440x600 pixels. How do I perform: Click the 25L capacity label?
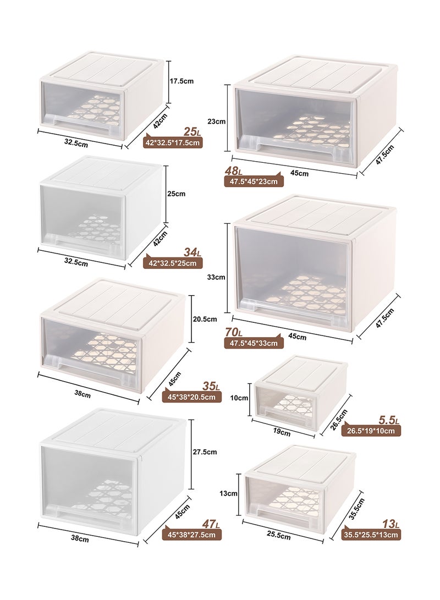tap(192, 131)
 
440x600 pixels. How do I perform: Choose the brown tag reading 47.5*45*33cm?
tap(254, 343)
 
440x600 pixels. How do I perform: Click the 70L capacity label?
tap(234, 332)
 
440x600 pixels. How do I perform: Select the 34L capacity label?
tap(192, 252)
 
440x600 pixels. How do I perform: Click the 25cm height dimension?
tap(177, 194)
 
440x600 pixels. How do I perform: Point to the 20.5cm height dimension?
tap(205, 318)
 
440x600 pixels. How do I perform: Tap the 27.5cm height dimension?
tap(205, 452)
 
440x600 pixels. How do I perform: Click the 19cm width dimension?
tap(282, 432)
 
